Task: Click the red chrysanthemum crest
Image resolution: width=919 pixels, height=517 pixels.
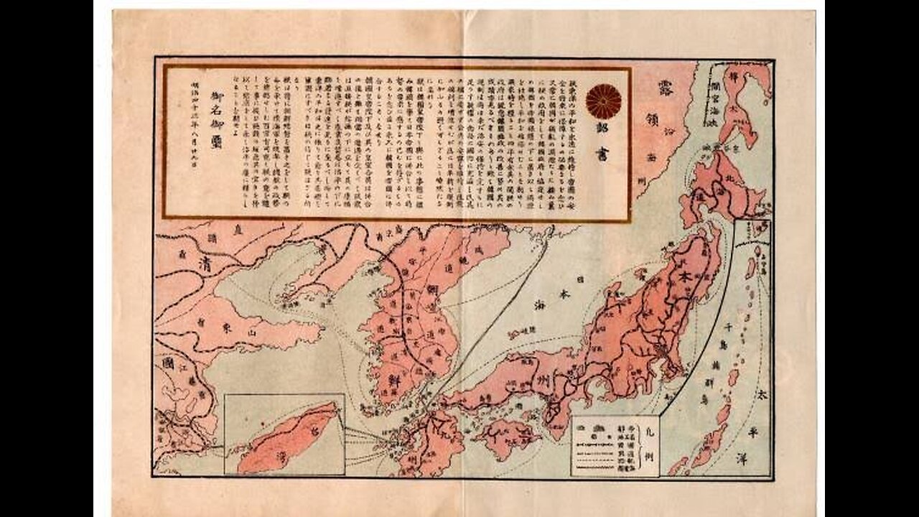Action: [x=603, y=101]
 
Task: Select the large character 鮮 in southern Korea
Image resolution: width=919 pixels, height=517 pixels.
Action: [x=394, y=378]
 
